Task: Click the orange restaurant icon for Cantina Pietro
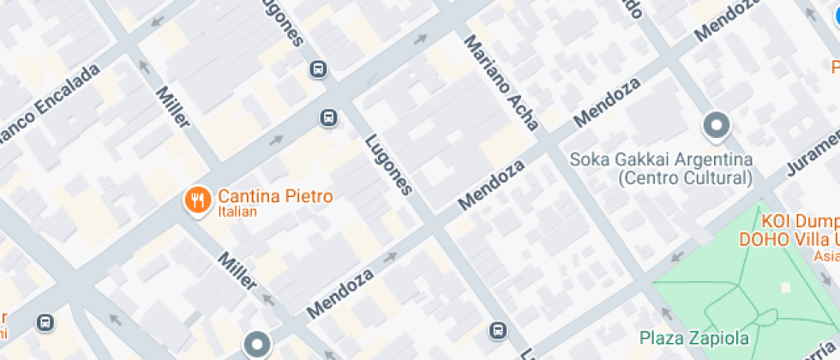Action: (x=198, y=201)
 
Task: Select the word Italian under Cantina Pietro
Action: (x=237, y=212)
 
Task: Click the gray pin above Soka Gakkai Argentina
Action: (x=716, y=127)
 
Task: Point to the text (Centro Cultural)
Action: (x=685, y=178)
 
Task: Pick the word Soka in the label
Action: (x=589, y=160)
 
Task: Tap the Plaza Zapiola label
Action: (x=694, y=338)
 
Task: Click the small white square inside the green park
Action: (x=786, y=287)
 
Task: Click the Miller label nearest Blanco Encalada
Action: (x=172, y=105)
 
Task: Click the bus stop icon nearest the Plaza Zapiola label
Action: (x=498, y=330)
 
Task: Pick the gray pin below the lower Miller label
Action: (x=256, y=345)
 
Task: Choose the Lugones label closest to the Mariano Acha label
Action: (x=388, y=165)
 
